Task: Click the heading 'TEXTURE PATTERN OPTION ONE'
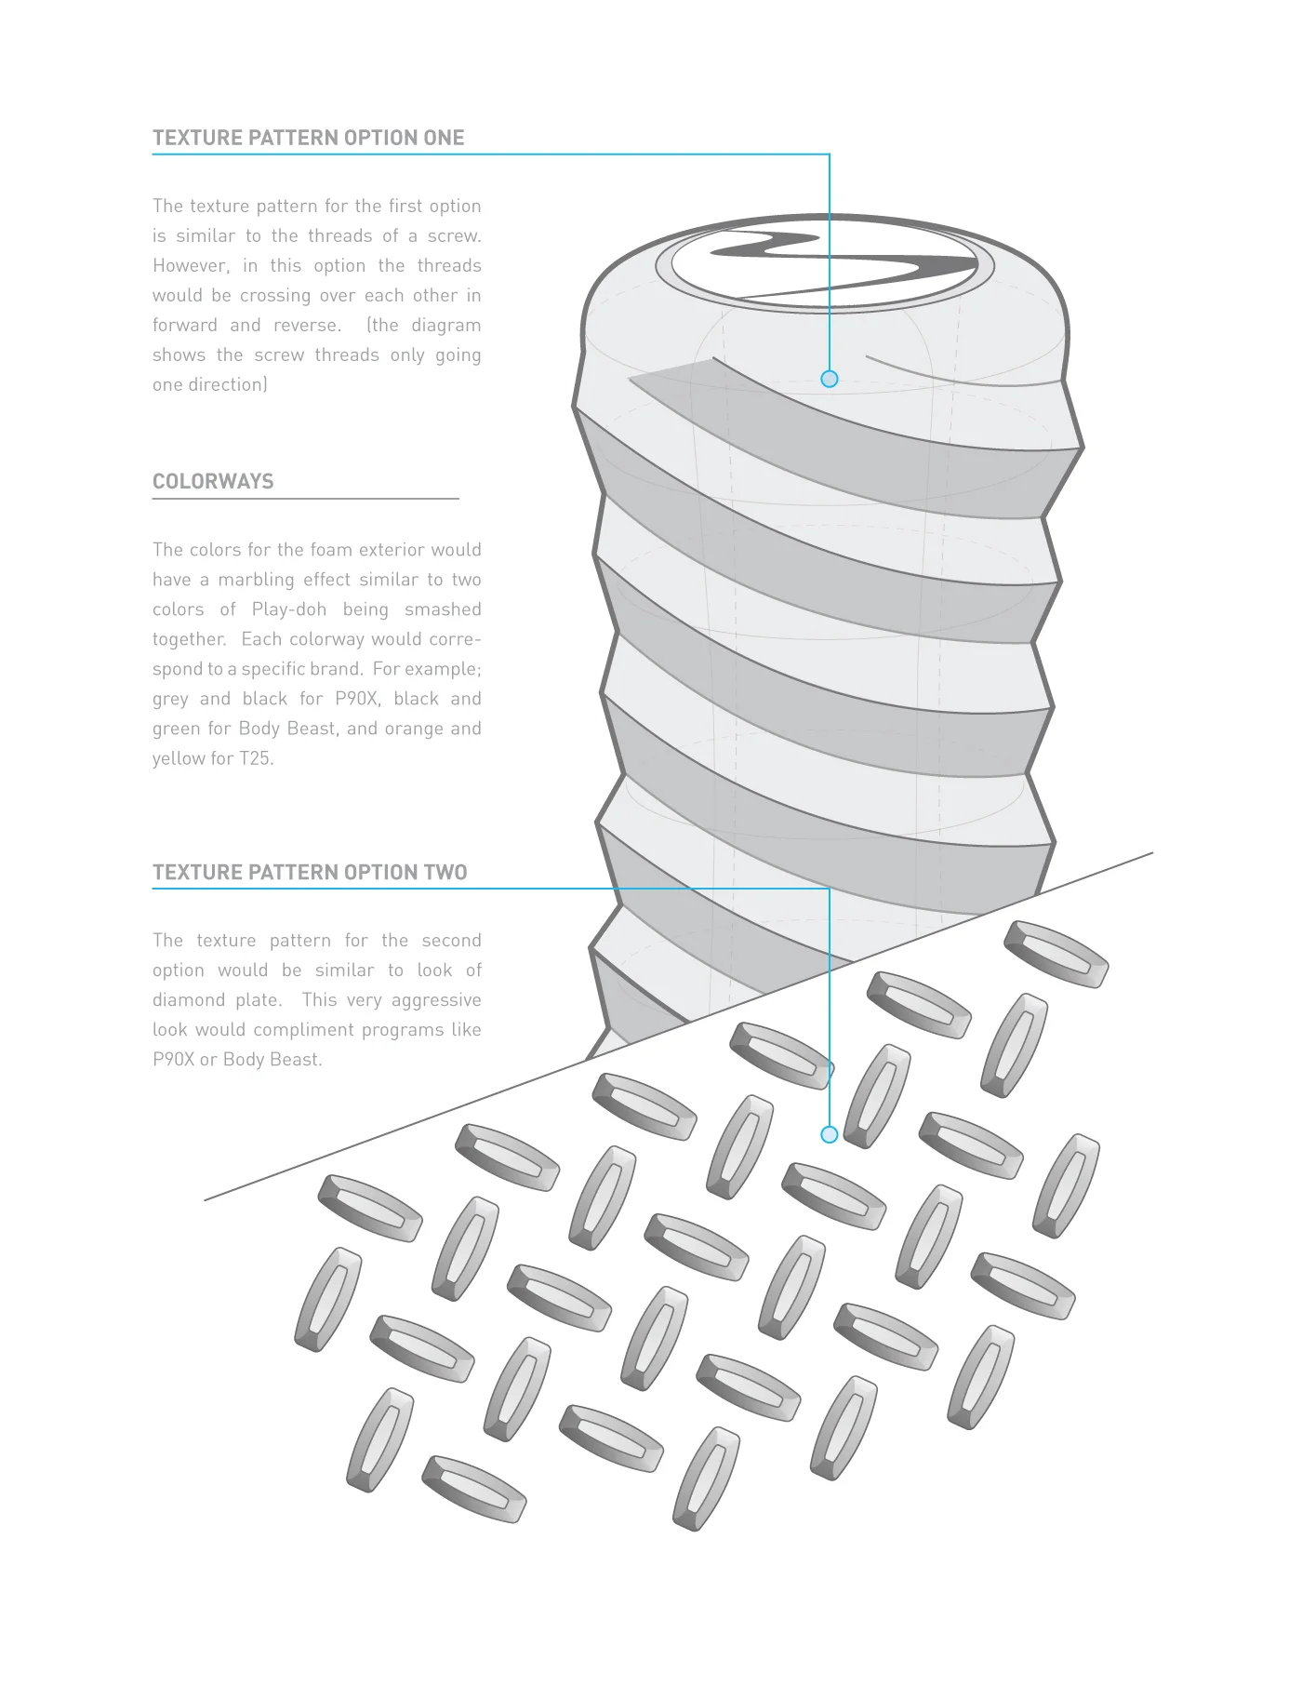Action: coord(308,138)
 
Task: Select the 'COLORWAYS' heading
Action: coord(213,482)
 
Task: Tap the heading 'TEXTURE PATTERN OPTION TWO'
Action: coord(310,873)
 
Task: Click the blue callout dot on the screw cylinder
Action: coord(830,379)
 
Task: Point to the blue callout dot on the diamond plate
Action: coord(830,1134)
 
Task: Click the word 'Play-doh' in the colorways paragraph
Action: coord(288,609)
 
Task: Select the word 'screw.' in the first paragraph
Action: coord(454,235)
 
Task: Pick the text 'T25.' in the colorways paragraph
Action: coord(257,758)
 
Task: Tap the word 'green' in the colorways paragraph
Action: coord(174,729)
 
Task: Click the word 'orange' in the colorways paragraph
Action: coord(413,729)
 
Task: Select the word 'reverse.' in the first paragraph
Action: coord(307,325)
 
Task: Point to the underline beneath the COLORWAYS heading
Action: coord(306,500)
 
